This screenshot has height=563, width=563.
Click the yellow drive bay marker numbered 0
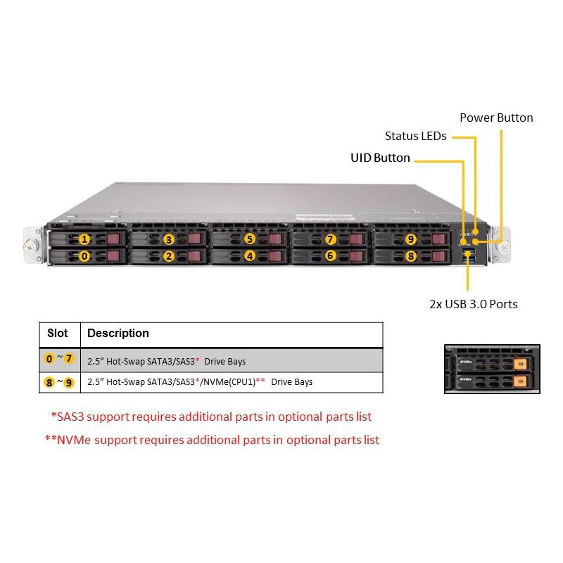click(x=84, y=256)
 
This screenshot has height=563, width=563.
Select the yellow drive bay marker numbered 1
click(x=84, y=239)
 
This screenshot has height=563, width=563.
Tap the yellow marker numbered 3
click(x=168, y=239)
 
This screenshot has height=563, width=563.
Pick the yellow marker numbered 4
click(x=249, y=256)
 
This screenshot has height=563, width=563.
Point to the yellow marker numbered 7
click(x=331, y=239)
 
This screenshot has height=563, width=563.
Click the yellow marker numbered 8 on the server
click(x=411, y=256)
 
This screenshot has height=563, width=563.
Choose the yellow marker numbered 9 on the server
click(x=411, y=239)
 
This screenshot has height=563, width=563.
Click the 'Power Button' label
click(x=496, y=118)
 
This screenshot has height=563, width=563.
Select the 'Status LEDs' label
click(x=415, y=136)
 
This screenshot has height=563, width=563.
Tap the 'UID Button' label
click(x=380, y=158)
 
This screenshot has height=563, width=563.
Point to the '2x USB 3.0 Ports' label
click(x=473, y=304)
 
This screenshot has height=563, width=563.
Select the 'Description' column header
click(x=118, y=333)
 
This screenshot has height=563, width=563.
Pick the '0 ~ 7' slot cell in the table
click(x=59, y=359)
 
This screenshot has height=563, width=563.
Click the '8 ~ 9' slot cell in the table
click(x=59, y=382)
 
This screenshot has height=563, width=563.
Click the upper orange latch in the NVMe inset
click(x=520, y=364)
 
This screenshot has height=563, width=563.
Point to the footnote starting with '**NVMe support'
click(x=212, y=440)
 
